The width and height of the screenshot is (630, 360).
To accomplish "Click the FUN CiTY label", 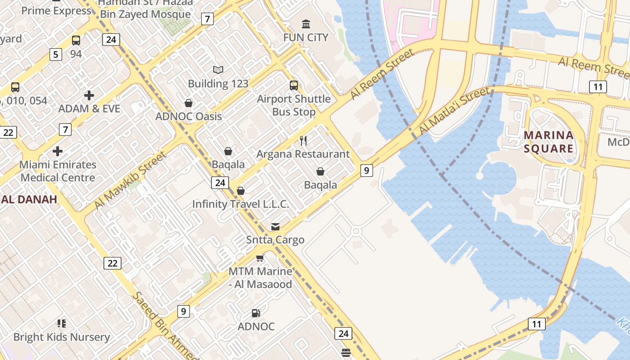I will (306, 37).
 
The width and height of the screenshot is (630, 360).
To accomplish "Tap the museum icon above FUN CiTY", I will (306, 24).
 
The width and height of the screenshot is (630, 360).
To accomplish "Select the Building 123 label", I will (218, 84).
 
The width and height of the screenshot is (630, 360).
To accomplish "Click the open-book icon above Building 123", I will (218, 70).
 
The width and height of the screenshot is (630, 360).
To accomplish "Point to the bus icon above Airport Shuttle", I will (294, 85).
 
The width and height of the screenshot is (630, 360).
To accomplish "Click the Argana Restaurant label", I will (303, 154).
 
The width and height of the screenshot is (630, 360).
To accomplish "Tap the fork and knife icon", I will (303, 141).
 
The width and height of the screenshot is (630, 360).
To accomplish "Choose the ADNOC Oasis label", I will (189, 117).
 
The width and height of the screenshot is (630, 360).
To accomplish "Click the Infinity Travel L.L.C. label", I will (240, 204).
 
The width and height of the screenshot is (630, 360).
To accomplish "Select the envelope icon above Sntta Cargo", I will (275, 227).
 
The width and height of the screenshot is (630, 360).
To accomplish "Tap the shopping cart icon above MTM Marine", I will (260, 258).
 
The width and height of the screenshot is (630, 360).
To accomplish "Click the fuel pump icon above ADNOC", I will (256, 313).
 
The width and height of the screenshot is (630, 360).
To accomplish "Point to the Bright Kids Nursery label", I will (62, 337).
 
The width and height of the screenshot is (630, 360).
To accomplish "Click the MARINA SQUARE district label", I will (549, 142).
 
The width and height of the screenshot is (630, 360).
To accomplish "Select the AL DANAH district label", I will (29, 199).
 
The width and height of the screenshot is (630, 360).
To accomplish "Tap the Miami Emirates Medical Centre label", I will (58, 171).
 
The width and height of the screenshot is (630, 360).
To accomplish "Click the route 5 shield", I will (55, 55).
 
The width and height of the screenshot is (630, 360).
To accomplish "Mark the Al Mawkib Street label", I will (130, 180).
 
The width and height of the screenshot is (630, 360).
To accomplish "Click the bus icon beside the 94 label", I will (76, 40).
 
